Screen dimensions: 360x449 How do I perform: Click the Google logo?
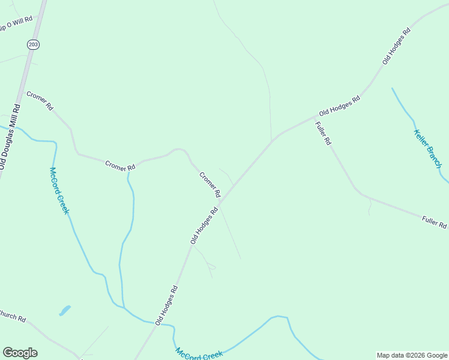[20, 352]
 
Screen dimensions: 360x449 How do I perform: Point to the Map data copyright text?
[411, 355]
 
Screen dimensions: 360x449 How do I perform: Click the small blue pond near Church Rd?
[64, 311]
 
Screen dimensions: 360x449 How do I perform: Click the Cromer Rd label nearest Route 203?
[40, 100]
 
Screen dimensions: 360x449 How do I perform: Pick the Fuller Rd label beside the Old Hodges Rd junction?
[323, 133]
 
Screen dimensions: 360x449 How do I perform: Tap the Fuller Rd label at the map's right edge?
[435, 223]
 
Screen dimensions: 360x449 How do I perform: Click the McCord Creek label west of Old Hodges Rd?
[59, 190]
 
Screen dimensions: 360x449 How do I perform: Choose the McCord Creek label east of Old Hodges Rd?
[199, 354]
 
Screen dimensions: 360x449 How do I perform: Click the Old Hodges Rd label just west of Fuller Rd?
[339, 105]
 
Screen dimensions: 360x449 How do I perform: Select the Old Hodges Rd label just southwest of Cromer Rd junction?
[203, 225]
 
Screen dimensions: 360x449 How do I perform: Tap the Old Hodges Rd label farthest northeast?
[396, 46]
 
